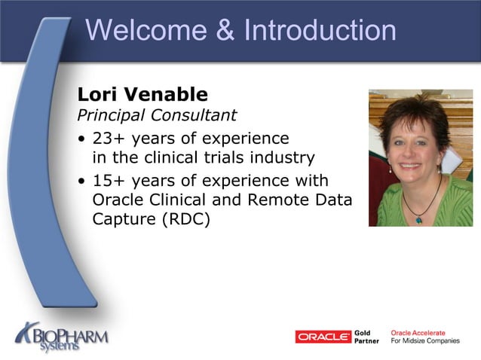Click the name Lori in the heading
pos(97,96)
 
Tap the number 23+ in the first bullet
pos(108,139)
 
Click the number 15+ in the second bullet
pos(108,182)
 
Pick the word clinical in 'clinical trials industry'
pos(176,158)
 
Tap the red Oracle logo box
pos(323,337)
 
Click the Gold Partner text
pos(366,337)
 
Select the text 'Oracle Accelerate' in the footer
pos(418,332)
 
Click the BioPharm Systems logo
pos(62,334)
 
